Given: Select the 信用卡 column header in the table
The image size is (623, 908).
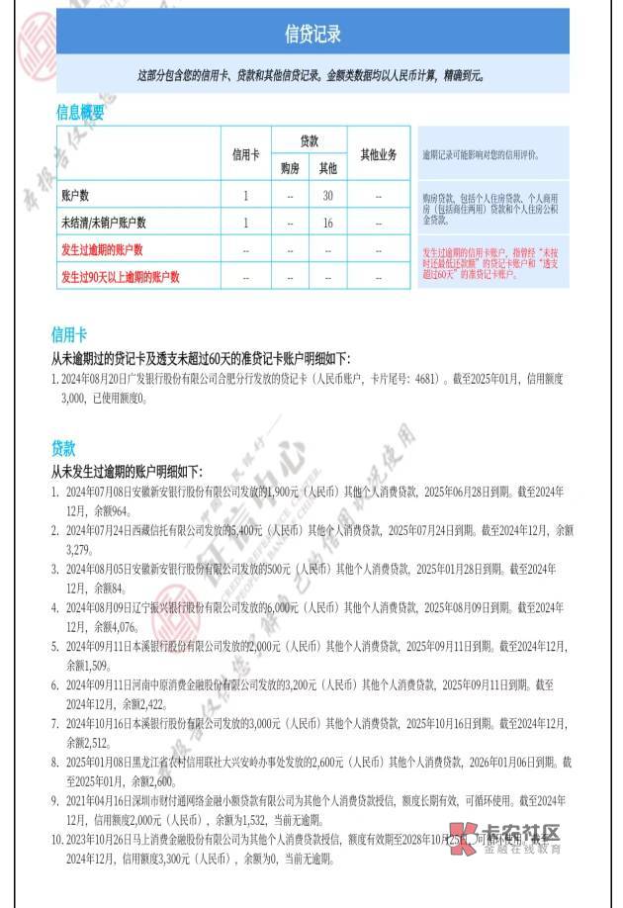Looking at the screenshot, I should [x=246, y=154].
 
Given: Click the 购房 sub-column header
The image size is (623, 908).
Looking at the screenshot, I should [x=289, y=169].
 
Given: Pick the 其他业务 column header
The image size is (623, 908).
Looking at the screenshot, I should [x=378, y=154].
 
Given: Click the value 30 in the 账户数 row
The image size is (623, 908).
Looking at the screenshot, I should [x=327, y=196].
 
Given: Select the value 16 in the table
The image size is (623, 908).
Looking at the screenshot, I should [x=327, y=224].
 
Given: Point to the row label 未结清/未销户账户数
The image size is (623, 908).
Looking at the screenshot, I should [x=104, y=224].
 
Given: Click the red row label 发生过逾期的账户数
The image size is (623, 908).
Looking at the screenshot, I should [x=102, y=250].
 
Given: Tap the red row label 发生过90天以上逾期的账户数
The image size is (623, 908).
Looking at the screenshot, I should [x=121, y=277].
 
